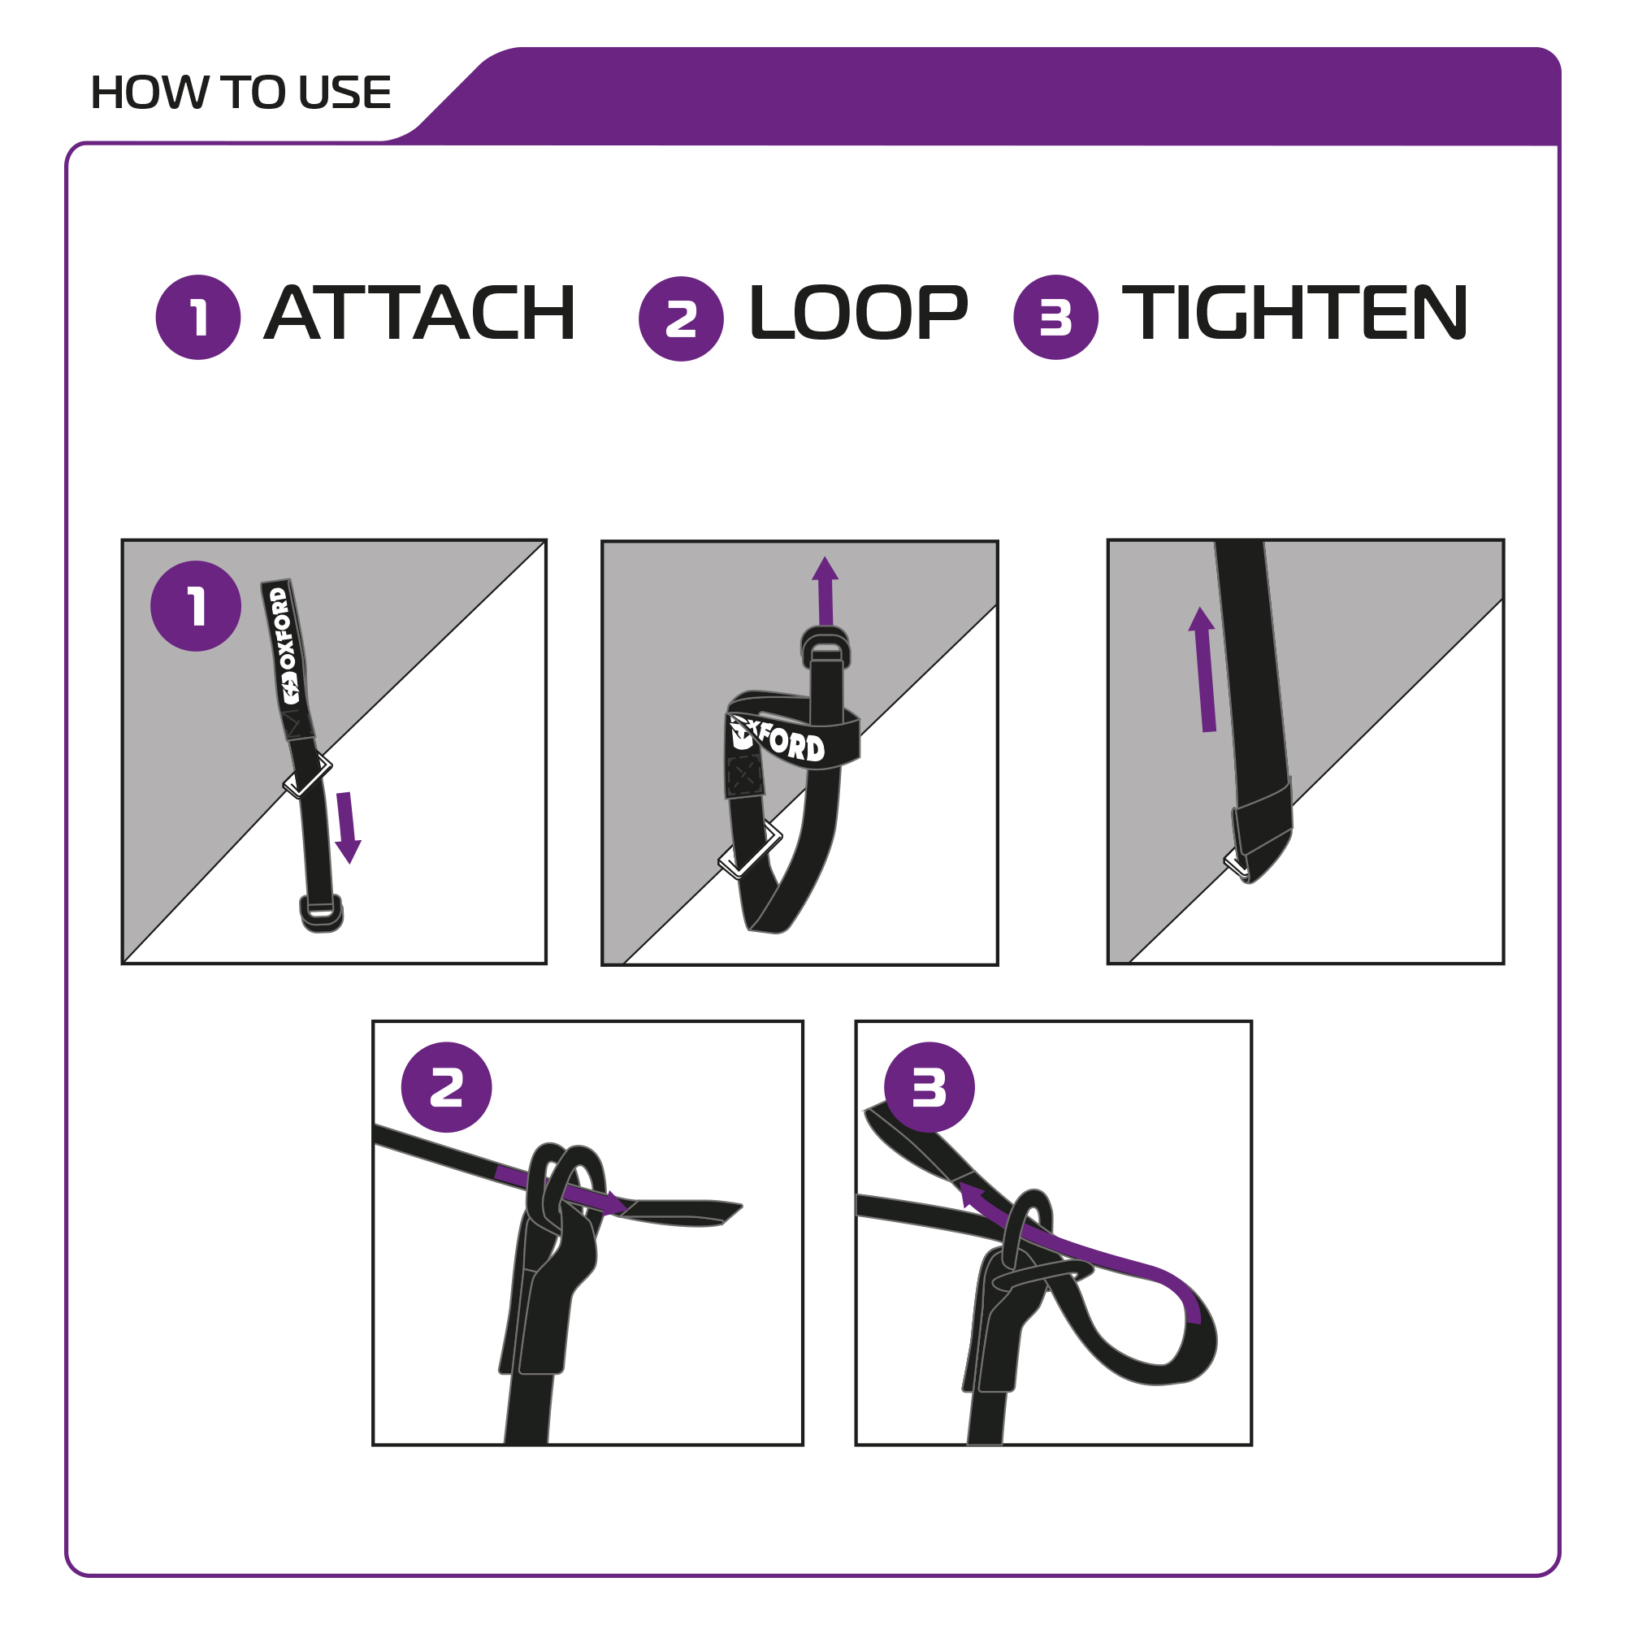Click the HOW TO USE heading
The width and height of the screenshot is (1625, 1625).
240,93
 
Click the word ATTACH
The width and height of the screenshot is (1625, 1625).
420,313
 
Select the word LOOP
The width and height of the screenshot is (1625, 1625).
858,313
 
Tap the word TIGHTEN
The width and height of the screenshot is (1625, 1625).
1294,313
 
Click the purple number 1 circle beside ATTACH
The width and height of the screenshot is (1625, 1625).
198,317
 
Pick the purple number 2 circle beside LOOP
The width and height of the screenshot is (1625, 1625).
682,318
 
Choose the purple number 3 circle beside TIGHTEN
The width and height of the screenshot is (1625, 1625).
1055,317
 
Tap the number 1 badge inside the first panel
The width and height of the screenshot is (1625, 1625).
196,605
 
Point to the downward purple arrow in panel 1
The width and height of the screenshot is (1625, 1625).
348,828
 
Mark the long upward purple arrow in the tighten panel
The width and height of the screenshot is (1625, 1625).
1203,669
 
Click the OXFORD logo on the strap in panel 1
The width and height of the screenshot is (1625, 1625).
284,646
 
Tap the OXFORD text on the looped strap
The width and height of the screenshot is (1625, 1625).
778,739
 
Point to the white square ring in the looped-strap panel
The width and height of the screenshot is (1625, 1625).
749,851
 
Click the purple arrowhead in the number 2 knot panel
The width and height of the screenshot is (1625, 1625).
620,1203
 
